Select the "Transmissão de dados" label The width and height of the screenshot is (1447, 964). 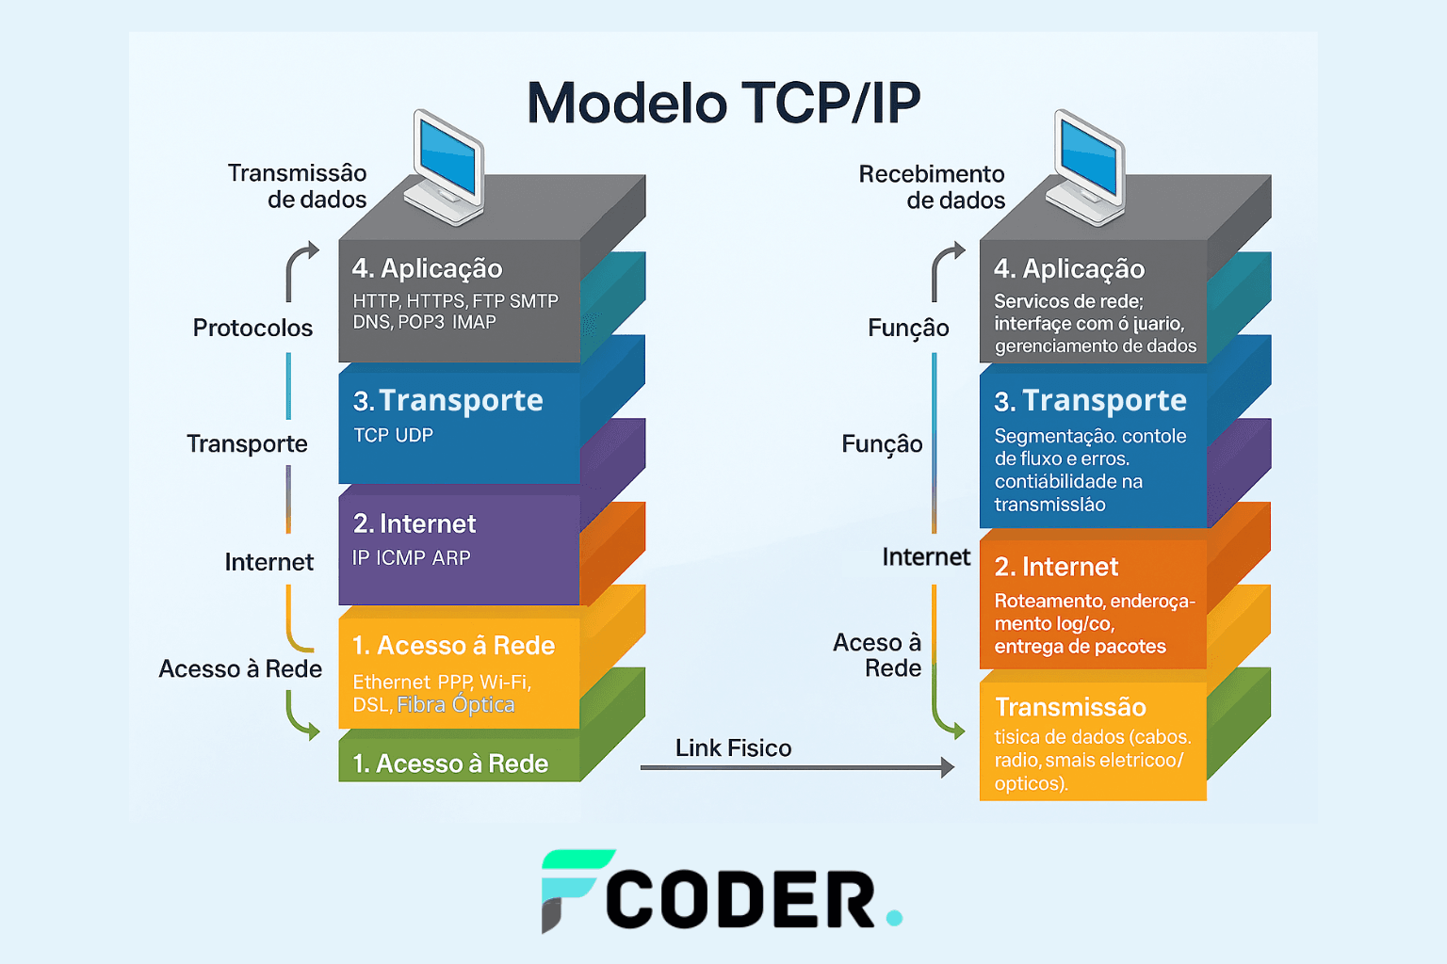tap(298, 186)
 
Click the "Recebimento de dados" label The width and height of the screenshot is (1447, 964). tap(932, 187)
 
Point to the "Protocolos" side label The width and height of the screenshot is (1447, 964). tap(252, 328)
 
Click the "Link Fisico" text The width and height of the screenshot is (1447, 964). tap(733, 748)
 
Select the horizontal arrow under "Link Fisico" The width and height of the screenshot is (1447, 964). tap(796, 768)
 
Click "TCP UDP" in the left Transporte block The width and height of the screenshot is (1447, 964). tap(394, 436)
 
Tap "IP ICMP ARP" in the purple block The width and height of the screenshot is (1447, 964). tap(412, 558)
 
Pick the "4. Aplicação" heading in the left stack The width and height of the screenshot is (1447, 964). tap(427, 269)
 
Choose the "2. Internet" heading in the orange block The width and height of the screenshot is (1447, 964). tap(1056, 567)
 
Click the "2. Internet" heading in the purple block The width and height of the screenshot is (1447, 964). tap(415, 523)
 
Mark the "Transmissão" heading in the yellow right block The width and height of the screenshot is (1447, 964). tap(1070, 707)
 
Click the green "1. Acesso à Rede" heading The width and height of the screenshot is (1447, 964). tap(450, 763)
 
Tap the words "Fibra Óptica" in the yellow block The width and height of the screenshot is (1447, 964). tap(456, 705)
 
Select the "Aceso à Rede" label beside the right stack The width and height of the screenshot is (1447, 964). tap(878, 655)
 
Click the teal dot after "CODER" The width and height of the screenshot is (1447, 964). tap(894, 917)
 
